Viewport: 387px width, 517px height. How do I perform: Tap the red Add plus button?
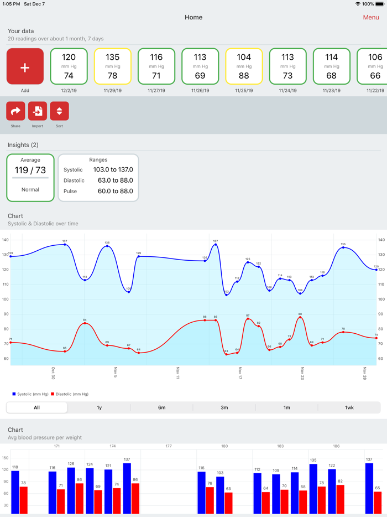(25, 66)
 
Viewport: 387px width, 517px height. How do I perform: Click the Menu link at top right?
(370, 17)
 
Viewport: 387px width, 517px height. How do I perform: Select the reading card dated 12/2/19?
(69, 66)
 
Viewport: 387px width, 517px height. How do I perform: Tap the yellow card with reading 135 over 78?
(112, 66)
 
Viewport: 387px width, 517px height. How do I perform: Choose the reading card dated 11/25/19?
(244, 66)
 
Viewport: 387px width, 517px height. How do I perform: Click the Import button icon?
(38, 111)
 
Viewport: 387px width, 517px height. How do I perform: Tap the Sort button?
(59, 111)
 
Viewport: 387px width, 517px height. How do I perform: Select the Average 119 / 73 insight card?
(30, 178)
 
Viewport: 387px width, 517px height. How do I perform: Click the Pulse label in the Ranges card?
(71, 191)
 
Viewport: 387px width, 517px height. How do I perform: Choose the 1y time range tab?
(99, 407)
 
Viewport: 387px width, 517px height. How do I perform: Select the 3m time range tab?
(224, 407)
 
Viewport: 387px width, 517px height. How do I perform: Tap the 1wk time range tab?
(349, 407)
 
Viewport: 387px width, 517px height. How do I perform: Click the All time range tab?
(36, 407)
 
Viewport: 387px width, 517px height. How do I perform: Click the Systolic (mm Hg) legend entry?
(30, 394)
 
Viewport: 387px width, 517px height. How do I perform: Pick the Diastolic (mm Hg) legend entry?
(70, 394)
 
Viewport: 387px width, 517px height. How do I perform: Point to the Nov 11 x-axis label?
(177, 373)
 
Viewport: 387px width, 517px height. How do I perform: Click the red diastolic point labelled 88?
(300, 318)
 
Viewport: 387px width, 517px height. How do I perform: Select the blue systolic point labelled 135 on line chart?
(343, 247)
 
